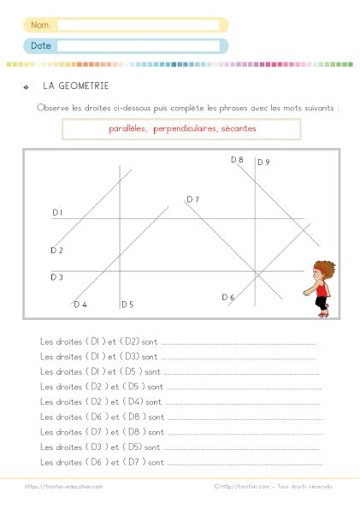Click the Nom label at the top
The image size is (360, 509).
point(39,25)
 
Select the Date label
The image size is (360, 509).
point(40,45)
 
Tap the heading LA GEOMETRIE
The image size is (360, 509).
point(75,86)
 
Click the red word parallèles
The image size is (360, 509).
point(128,129)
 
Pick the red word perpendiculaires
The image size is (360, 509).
point(184,129)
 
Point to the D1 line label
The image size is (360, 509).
point(56,212)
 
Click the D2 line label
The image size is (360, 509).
point(56,251)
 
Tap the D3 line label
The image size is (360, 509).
point(56,277)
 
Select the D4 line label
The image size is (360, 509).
point(80,305)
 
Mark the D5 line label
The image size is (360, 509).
point(127,305)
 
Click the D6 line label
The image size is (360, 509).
point(227,298)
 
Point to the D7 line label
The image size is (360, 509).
point(192,199)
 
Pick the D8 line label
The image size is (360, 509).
point(237,160)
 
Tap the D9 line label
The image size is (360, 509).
point(263,163)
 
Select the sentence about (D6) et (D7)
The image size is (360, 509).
point(102,463)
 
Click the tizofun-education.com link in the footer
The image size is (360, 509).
point(64,486)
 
